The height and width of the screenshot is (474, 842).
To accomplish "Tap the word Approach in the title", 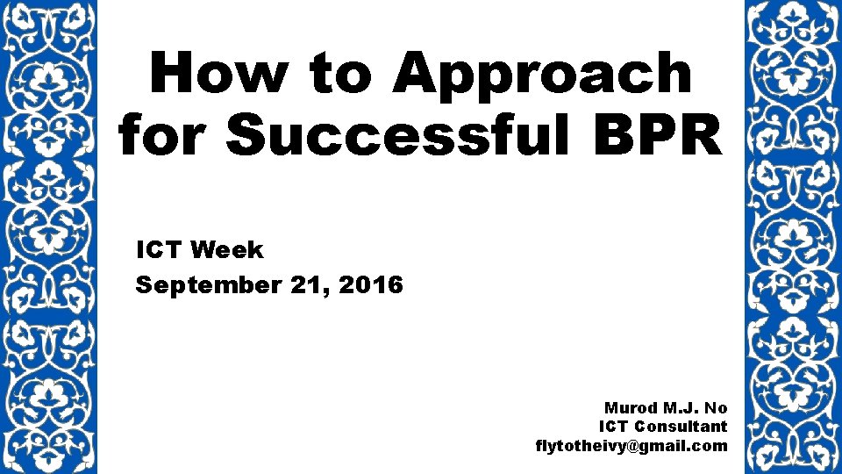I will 541,74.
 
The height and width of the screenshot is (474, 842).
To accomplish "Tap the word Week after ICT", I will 226,250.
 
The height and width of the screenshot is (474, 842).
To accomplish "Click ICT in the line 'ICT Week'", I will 159,250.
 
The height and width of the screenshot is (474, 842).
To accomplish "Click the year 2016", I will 373,285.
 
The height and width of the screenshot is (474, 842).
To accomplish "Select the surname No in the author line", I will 717,408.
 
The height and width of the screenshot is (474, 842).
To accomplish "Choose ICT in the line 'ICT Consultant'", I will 613,427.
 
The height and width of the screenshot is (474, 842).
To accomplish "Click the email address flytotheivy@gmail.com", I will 631,446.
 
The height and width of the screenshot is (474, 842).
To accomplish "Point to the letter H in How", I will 174,74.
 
